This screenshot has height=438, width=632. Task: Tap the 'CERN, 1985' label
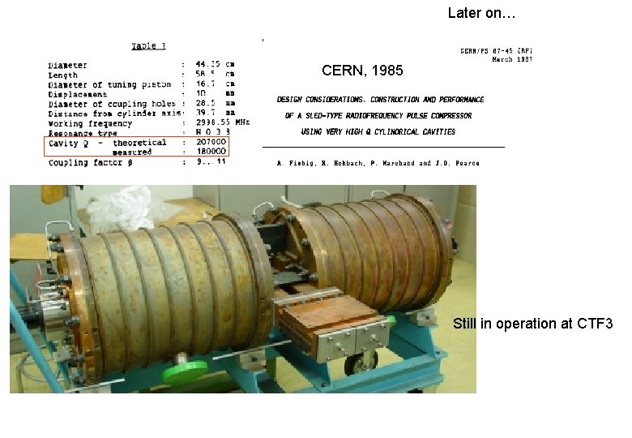(x=362, y=71)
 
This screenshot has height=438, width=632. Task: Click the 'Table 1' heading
(x=149, y=46)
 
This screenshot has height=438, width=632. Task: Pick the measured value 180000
(x=210, y=152)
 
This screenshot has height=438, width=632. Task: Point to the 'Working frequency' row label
(x=90, y=123)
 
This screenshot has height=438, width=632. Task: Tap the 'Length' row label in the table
(x=62, y=75)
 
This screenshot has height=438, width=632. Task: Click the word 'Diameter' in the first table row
(x=68, y=65)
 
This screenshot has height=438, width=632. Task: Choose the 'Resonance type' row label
(x=83, y=133)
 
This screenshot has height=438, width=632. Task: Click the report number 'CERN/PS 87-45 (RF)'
(x=496, y=50)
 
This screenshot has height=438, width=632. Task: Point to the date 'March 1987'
(x=512, y=59)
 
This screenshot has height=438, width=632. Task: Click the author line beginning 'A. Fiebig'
(x=378, y=163)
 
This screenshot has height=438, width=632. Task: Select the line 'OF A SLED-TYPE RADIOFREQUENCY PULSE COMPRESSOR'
(x=378, y=116)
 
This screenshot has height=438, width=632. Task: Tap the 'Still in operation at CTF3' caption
(x=533, y=324)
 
